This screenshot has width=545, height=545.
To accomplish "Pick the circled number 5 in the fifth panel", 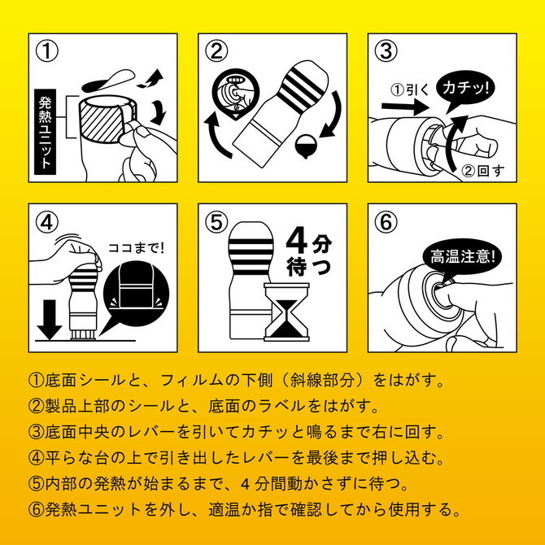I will coord(216,220).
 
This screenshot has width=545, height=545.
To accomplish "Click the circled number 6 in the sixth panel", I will coord(386,220).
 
